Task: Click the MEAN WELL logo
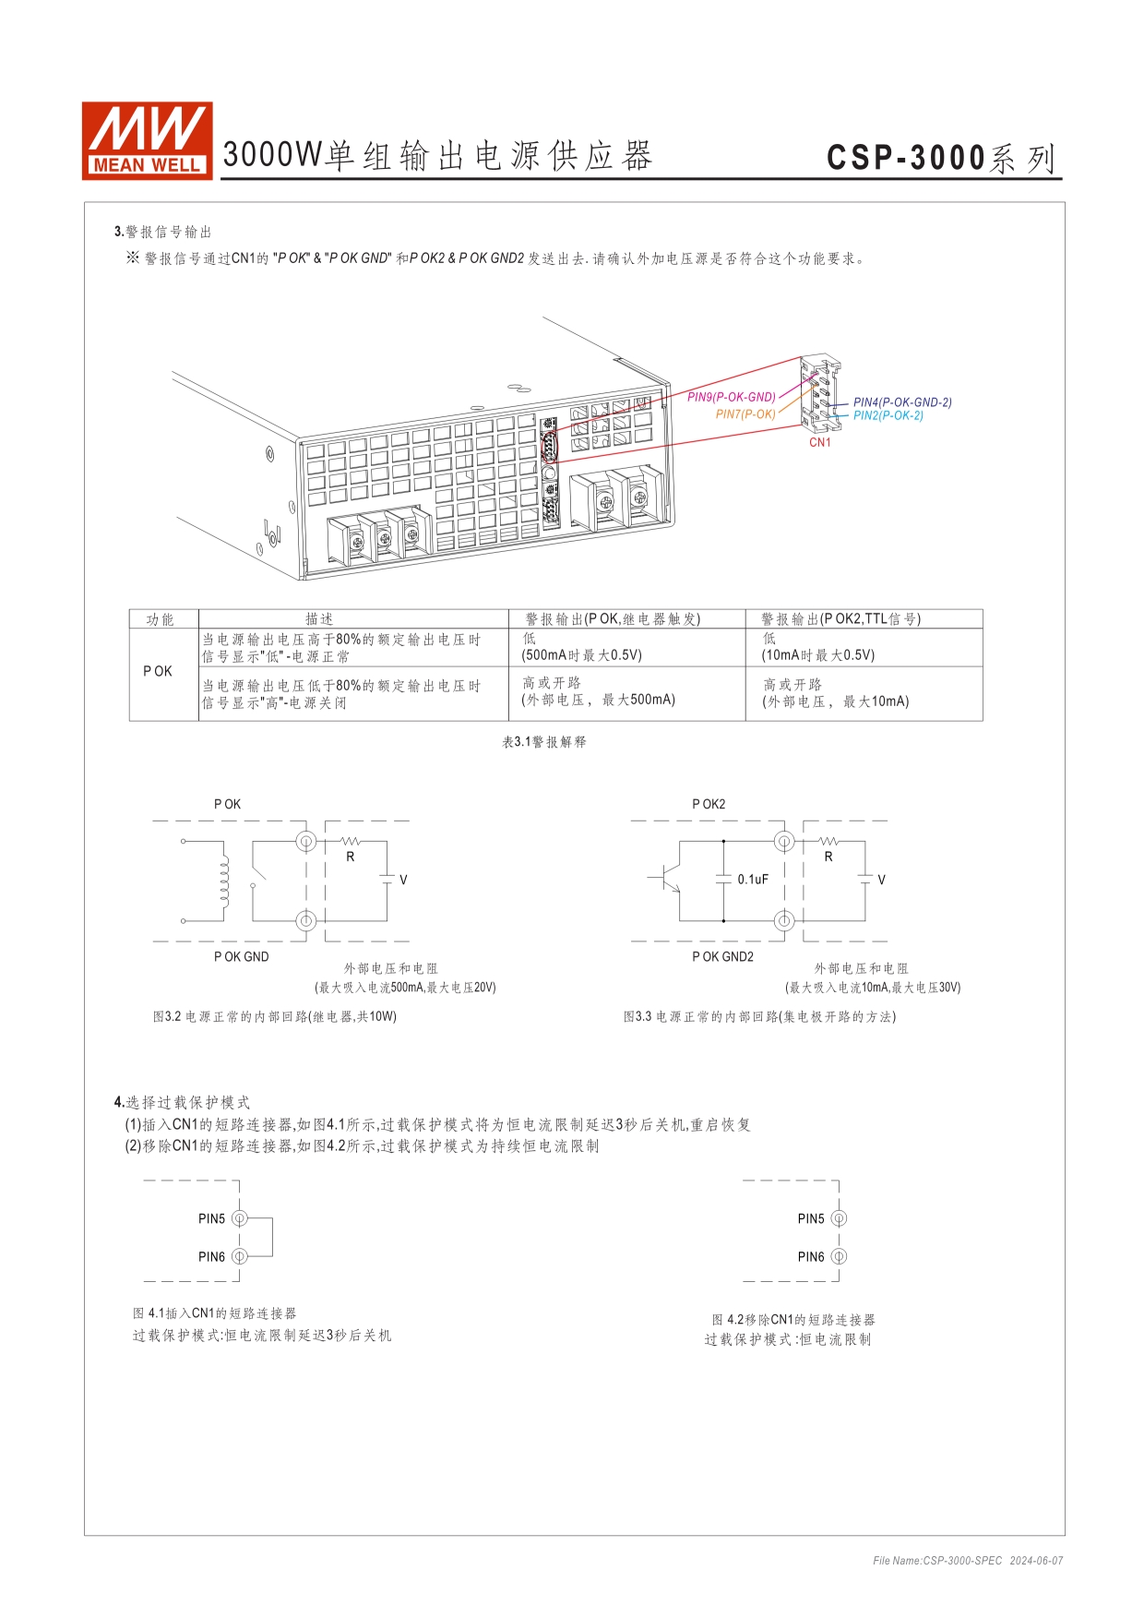pos(147,139)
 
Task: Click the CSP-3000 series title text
pos(940,158)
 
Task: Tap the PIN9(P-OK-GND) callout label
pos(731,398)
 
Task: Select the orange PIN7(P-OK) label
pos(745,414)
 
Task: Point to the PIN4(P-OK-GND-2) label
pos(901,402)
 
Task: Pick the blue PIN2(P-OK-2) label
pos(888,415)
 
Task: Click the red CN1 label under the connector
pos(819,442)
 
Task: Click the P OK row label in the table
pos(158,671)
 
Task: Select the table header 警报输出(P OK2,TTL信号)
pos(840,619)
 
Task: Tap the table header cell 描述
pos(319,619)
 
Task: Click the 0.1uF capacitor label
pos(752,880)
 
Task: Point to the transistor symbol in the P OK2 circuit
pos(667,879)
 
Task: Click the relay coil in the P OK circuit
pos(223,881)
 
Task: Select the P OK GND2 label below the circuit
pos(722,957)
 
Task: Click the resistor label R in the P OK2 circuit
pos(828,857)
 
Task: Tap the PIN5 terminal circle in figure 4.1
pos(239,1218)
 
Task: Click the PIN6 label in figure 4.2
pos(811,1257)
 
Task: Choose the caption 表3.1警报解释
pos(543,742)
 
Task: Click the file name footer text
pos(968,1561)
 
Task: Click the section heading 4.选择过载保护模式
pos(182,1102)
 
